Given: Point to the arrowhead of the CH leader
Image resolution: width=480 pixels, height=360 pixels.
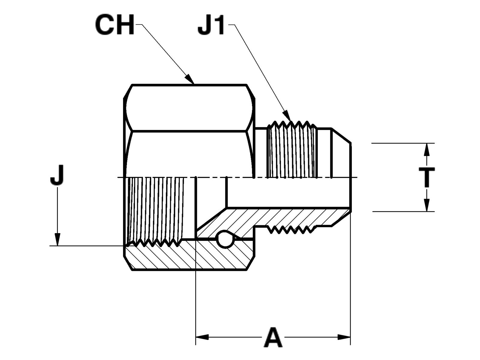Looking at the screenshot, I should [x=190, y=79].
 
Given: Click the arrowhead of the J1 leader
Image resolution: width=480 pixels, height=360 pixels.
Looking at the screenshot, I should [x=288, y=117].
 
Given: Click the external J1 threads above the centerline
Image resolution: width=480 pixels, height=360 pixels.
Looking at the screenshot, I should [x=292, y=150].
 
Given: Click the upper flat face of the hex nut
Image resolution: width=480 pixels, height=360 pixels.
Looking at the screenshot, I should [x=189, y=108].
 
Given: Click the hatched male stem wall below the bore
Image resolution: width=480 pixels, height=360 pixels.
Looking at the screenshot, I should [x=288, y=216].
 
